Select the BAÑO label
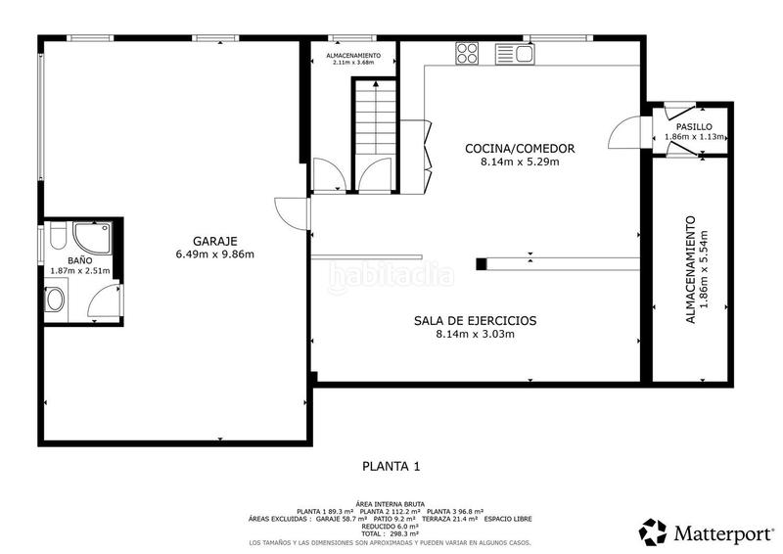pos(80,260)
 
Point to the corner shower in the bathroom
pos(92,236)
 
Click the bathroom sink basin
pos(55,298)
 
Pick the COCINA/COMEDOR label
pos(519,149)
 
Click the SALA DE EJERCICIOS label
pos(476,320)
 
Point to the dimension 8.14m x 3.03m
pos(476,334)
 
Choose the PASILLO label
pos(694,126)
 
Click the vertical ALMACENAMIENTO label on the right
pos(690,270)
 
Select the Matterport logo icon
pos(653,531)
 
